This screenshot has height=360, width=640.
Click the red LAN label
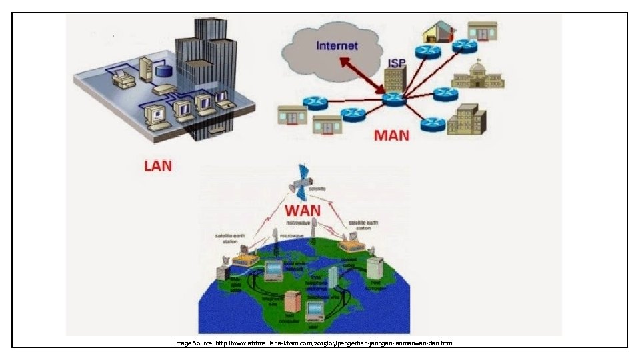pos(158,165)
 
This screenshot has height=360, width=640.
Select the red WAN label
pos(303,211)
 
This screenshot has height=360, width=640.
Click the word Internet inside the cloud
pos(337,46)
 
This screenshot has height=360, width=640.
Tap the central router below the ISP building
pos(394,99)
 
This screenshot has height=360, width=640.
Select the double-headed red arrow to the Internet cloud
pos(362,75)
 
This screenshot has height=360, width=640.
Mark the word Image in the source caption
pos(183,343)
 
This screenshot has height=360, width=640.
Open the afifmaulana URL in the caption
pos(333,343)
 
